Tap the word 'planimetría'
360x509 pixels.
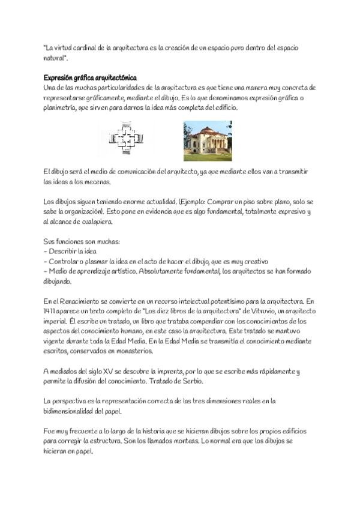[62, 107]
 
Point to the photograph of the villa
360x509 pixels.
[208, 140]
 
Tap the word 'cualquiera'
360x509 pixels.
[94, 221]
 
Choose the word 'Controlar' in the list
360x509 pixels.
[65, 261]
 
